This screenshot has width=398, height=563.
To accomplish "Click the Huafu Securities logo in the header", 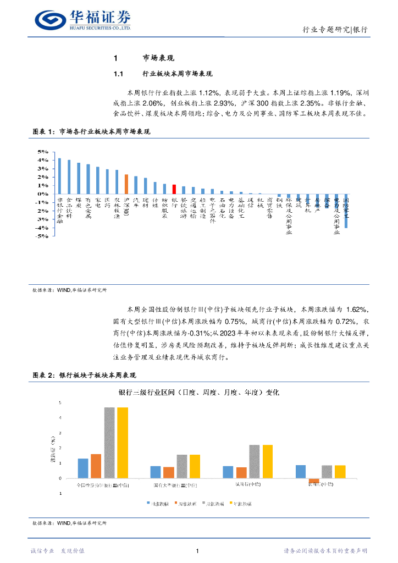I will (x=82, y=20).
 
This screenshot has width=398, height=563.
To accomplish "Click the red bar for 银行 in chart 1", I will (x=174, y=189).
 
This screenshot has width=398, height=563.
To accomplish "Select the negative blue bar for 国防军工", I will (x=346, y=211).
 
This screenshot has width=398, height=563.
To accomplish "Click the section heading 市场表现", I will (x=158, y=58).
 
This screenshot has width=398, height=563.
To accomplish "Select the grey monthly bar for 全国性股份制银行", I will (x=109, y=443).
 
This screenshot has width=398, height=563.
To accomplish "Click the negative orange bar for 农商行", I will (x=314, y=481).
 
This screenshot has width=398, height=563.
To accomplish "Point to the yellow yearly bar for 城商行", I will (x=267, y=461).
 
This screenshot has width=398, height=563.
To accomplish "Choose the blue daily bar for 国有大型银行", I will (x=156, y=472).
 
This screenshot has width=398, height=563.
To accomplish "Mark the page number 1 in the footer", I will (x=197, y=550).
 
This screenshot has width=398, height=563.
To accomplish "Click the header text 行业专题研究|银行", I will (x=335, y=30).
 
